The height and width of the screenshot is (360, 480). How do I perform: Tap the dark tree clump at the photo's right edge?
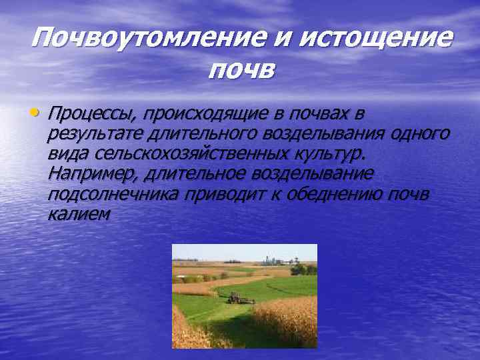306,269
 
